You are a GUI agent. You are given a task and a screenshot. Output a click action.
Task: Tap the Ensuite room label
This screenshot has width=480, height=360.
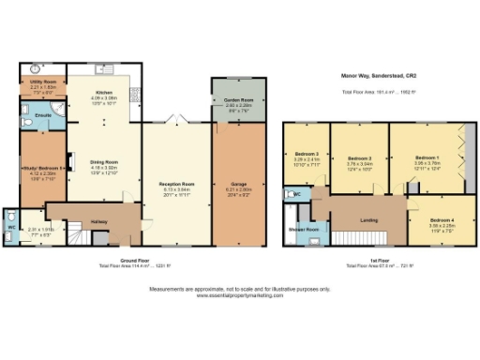(x=42, y=116)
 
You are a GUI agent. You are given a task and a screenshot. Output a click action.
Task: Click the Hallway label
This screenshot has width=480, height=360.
(x=99, y=222)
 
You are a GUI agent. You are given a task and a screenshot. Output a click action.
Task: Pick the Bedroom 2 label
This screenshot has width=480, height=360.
(x=361, y=158)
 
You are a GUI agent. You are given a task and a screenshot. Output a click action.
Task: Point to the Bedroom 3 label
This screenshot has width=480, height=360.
(x=308, y=154)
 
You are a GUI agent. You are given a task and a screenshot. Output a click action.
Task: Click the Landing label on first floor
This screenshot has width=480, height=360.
(x=367, y=221)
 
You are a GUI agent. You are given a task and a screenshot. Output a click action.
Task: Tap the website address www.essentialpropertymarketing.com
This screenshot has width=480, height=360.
(x=240, y=294)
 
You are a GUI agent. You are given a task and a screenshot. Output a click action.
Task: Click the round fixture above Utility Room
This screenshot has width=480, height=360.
(x=35, y=69)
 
